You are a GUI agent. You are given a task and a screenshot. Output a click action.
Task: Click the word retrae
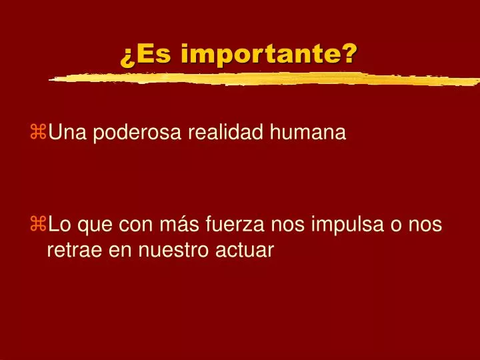[74, 250]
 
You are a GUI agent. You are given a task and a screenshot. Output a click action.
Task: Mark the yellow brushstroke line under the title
[267, 79]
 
